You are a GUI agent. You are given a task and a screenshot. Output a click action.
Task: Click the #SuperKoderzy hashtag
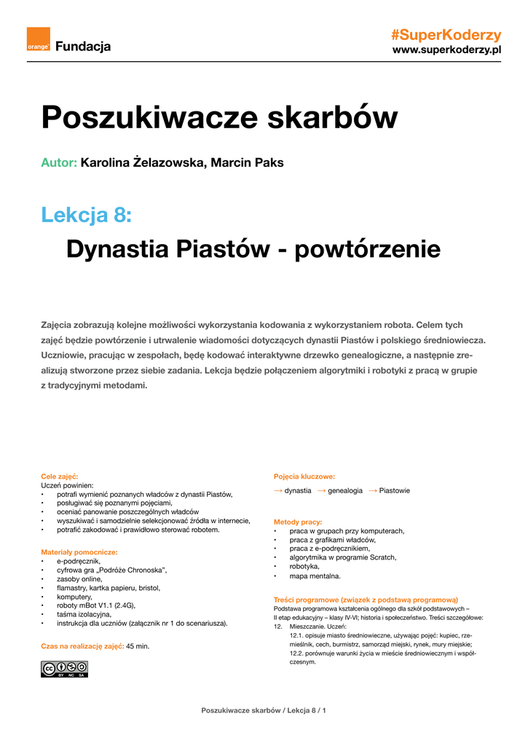pyautogui.click(x=446, y=35)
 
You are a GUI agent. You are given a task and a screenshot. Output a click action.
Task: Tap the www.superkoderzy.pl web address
pyautogui.click(x=446, y=50)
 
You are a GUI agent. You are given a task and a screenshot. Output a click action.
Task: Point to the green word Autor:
pyautogui.click(x=59, y=162)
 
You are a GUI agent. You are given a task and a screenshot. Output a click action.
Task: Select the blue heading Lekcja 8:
pyautogui.click(x=87, y=215)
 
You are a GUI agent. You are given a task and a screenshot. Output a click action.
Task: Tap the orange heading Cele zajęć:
pyautogui.click(x=59, y=476)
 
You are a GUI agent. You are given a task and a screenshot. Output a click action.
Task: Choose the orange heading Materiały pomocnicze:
pyautogui.click(x=79, y=552)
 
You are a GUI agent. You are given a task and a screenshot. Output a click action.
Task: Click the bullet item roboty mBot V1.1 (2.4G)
pyautogui.click(x=96, y=605)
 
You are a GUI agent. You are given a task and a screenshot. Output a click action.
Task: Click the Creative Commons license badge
pyautogui.click(x=64, y=669)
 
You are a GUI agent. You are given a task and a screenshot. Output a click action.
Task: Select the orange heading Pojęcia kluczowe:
pyautogui.click(x=304, y=476)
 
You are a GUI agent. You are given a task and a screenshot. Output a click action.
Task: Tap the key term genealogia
pyautogui.click(x=344, y=491)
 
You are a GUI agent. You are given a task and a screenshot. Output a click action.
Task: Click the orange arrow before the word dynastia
pyautogui.click(x=278, y=491)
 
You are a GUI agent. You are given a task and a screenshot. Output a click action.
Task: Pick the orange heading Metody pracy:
pyautogui.click(x=298, y=522)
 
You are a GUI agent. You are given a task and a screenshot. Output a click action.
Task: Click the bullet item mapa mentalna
pyautogui.click(x=315, y=576)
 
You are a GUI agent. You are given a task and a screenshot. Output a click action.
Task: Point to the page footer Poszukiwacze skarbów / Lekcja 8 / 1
pyautogui.click(x=264, y=710)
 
